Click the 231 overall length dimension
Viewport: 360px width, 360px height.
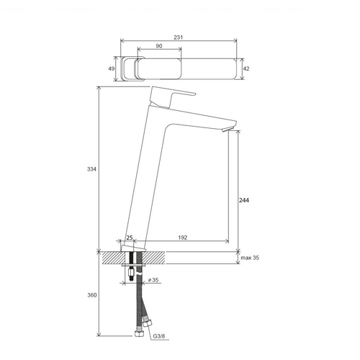[179, 37]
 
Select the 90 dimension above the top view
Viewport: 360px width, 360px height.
[159, 46]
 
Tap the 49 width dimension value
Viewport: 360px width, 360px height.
[111, 68]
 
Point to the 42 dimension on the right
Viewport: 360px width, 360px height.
[246, 68]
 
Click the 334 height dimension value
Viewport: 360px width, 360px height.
[91, 169]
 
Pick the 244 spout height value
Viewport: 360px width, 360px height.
[244, 200]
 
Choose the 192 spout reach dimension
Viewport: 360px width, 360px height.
[183, 238]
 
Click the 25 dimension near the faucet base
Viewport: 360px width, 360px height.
[130, 238]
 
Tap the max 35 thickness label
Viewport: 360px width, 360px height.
[250, 258]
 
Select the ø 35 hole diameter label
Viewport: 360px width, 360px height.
[153, 280]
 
